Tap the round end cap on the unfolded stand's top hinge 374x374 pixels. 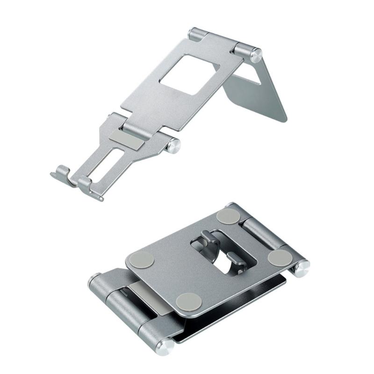[x=256, y=55]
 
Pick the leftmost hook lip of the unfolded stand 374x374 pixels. [x=60, y=174]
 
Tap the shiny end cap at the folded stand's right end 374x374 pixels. [x=302, y=268]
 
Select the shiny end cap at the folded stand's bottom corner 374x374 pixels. [x=165, y=346]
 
